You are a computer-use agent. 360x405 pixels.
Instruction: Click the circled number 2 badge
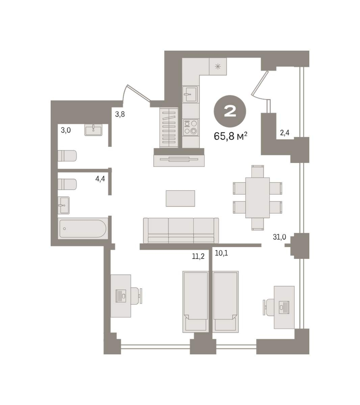[230, 111]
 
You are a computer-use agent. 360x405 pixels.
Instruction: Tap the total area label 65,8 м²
[230, 136]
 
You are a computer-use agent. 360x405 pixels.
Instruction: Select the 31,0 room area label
[279, 237]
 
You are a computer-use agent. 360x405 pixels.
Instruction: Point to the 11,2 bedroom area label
[198, 256]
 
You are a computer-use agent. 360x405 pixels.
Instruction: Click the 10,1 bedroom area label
[222, 253]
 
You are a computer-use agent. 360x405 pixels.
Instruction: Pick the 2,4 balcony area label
[284, 133]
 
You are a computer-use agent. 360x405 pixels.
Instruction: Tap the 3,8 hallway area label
[120, 114]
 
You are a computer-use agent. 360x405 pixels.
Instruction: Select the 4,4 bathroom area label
[100, 179]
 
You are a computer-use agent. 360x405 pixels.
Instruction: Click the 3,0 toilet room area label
[66, 130]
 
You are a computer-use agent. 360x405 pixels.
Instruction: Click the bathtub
[83, 228]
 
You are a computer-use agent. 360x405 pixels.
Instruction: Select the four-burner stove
[190, 127]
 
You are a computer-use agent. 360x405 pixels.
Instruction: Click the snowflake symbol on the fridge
[218, 66]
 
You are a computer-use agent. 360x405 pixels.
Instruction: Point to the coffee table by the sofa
[180, 198]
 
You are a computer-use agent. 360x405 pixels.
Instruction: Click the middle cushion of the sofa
[181, 231]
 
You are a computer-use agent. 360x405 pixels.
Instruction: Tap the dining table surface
[257, 198]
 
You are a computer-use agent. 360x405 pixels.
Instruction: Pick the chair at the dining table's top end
[257, 171]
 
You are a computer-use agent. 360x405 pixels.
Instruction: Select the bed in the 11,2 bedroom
[196, 302]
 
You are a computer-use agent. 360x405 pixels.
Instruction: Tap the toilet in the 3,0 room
[67, 156]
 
